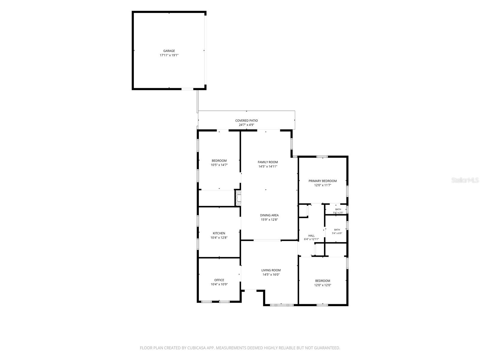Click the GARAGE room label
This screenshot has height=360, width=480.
[169, 51]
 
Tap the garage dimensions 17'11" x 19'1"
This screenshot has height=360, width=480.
[169, 55]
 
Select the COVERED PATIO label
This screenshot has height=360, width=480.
[246, 120]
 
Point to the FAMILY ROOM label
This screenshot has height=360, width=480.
[268, 162]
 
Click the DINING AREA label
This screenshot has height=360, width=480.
[269, 215]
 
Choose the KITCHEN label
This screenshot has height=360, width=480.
[219, 233]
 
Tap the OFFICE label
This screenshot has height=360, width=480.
[219, 280]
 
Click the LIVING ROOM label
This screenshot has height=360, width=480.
[271, 270]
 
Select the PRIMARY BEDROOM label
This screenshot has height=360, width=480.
[322, 181]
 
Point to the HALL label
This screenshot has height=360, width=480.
[311, 235]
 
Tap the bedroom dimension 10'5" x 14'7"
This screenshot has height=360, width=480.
[219, 165]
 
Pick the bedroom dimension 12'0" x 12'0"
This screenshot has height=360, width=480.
[322, 285]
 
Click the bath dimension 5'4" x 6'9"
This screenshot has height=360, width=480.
[337, 233]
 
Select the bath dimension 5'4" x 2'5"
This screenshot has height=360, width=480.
[338, 213]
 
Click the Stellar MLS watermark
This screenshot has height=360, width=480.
[465, 180]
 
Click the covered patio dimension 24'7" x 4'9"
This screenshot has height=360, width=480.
[246, 125]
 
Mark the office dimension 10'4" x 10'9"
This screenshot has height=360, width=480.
[219, 284]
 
